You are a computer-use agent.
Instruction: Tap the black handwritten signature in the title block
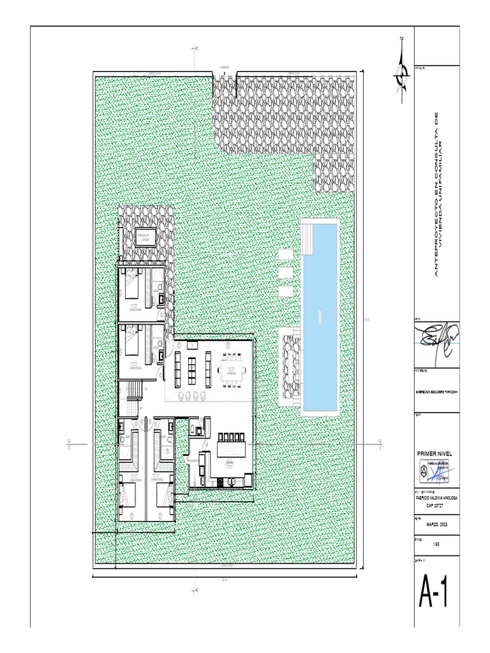pos(435,335)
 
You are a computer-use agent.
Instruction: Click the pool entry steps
pos(309,238)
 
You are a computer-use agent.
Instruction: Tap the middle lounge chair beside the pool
pos(285,272)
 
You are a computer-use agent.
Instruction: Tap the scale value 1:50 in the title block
pos(436,544)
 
